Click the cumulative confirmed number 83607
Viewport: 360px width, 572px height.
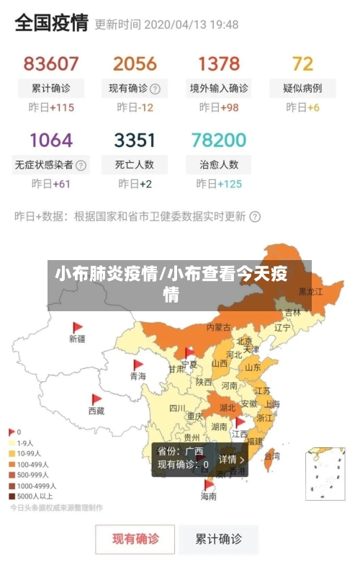pos(50,64)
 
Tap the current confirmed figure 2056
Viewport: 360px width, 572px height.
pos(135,64)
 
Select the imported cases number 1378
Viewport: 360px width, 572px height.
pos(219,64)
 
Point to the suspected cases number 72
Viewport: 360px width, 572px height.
pos(302,64)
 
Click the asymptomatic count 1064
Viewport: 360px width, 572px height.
pos(50,140)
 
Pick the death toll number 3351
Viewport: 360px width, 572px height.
pos(135,140)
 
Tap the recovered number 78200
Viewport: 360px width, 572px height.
pos(219,140)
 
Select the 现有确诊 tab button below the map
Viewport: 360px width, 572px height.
pos(135,538)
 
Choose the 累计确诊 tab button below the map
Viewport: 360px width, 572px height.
pos(219,538)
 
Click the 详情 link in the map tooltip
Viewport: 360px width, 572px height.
pos(231,459)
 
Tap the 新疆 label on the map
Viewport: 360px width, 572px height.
pos(77,338)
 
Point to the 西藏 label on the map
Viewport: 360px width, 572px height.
pos(96,411)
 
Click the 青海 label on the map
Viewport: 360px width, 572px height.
pos(138,376)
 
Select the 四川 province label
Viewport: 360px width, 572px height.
pos(177,408)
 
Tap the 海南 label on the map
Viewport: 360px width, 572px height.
pos(208,496)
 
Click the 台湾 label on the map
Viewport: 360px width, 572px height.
pos(272,456)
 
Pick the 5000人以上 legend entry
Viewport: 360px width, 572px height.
pos(32,496)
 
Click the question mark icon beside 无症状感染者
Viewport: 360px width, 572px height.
pos(81,164)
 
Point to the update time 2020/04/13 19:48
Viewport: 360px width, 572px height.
pos(191,24)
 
